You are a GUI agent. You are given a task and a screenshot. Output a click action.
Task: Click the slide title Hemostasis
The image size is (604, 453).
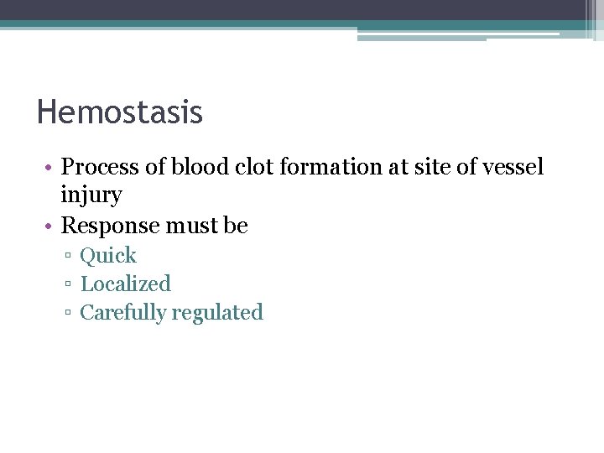(x=120, y=112)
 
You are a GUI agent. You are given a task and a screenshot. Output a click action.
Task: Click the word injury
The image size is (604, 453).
(x=91, y=196)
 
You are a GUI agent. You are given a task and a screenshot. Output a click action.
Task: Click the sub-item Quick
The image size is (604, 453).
(x=108, y=255)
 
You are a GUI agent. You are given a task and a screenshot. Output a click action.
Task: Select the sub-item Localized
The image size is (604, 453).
(x=126, y=284)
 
